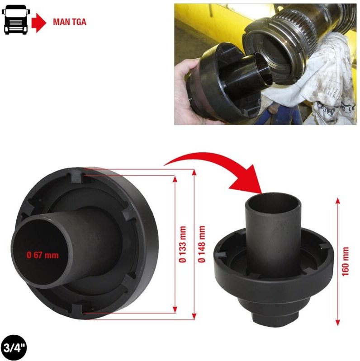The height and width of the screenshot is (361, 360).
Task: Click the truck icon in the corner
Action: (16, 21)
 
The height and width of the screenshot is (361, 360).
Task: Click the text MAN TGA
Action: (69, 21)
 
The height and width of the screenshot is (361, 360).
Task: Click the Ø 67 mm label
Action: (43, 256)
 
